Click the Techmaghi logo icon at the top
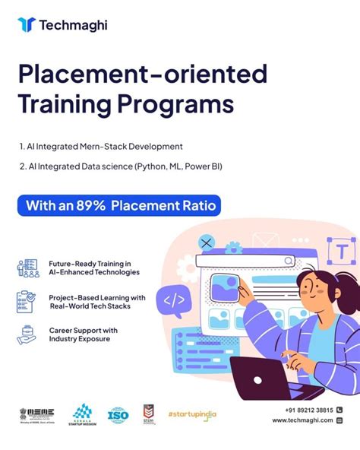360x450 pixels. (x=27, y=24)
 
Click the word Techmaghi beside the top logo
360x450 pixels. (x=74, y=25)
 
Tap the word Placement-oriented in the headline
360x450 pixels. (x=143, y=74)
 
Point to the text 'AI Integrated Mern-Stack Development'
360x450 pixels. (x=101, y=145)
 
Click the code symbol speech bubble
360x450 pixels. (x=173, y=299)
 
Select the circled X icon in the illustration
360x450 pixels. (x=206, y=243)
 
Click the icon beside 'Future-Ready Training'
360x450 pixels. (x=27, y=268)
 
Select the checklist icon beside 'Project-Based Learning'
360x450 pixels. (x=27, y=302)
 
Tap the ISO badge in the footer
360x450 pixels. (x=118, y=415)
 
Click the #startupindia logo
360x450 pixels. (x=192, y=414)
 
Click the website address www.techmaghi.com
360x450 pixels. (x=302, y=420)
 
